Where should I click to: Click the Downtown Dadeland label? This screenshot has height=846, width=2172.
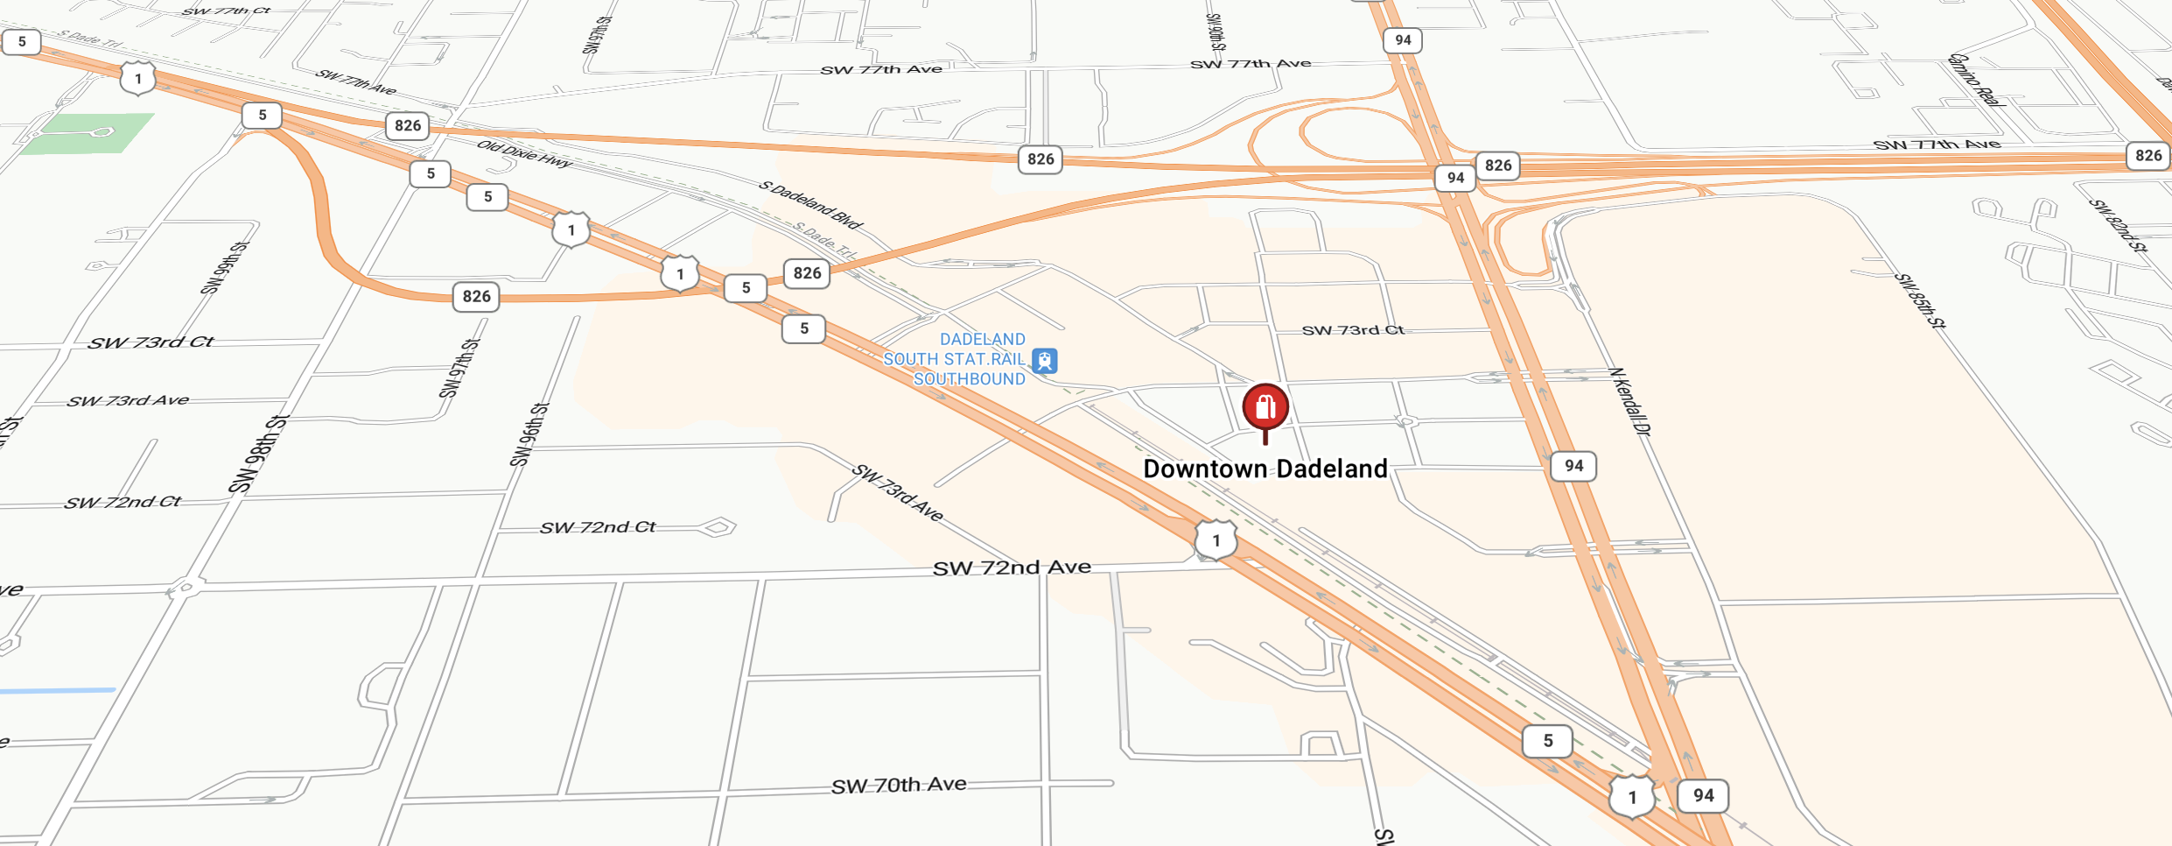1265,469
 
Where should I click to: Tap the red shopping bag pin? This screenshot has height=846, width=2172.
1265,407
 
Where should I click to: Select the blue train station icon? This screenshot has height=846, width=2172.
1045,361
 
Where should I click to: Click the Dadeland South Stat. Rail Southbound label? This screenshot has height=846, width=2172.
955,359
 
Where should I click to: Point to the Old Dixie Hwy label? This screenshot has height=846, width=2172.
524,153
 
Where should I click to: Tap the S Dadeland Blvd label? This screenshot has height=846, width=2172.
810,204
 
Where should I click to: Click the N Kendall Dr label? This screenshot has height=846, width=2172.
1629,401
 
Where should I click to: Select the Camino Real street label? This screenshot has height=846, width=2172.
1974,80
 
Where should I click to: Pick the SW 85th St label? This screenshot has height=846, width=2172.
1920,300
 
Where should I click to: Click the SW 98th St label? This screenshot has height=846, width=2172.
259,454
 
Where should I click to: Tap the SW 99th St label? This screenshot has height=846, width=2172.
225,267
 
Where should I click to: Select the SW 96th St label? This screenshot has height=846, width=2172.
530,434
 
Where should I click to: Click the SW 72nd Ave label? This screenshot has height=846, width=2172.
1012,568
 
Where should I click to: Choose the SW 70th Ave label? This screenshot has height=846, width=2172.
899,785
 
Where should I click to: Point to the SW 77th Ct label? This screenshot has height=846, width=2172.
227,11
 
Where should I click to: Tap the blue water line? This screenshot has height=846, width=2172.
58,691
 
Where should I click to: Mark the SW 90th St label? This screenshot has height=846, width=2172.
1216,32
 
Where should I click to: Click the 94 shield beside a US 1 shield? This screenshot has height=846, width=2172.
1702,795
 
